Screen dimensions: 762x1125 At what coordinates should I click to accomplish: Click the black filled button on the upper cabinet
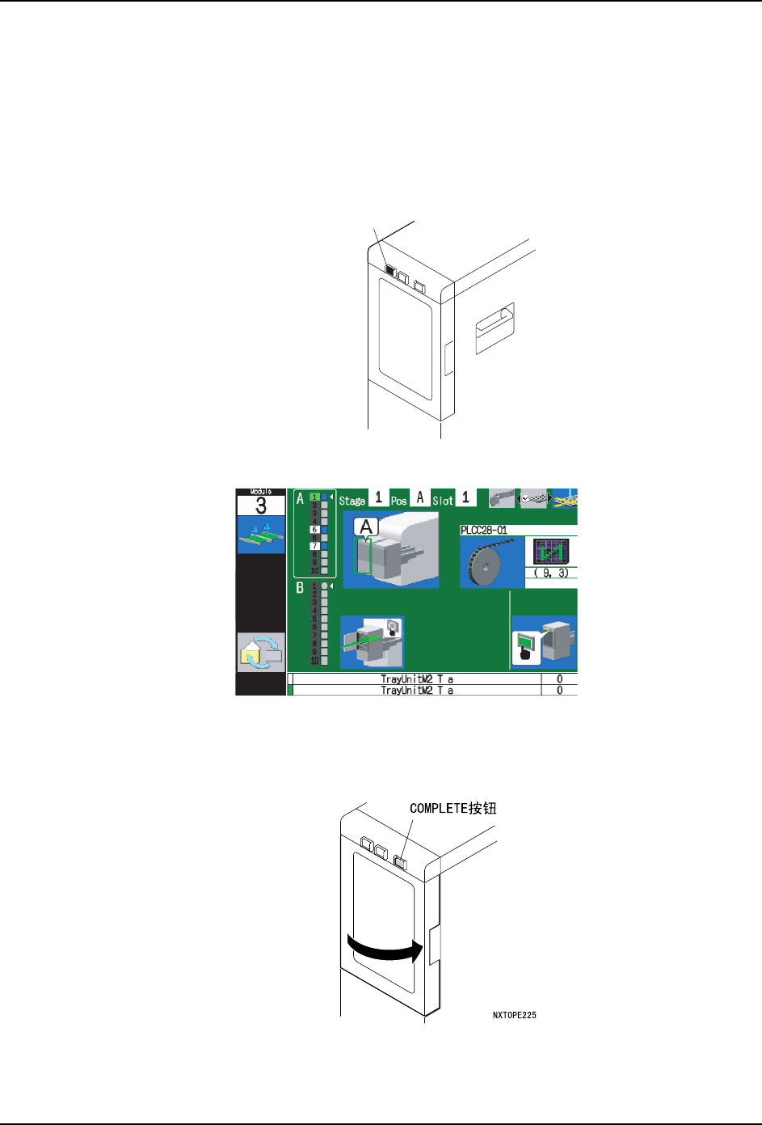(x=389, y=271)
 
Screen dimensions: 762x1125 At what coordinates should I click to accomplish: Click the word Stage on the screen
(x=352, y=501)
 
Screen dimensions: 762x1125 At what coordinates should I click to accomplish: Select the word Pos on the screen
(x=398, y=501)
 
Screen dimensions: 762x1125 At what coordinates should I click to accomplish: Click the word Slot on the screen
(x=442, y=501)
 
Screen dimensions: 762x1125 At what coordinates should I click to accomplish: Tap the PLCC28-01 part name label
(x=483, y=531)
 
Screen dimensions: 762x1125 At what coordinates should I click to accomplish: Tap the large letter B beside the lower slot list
(x=300, y=588)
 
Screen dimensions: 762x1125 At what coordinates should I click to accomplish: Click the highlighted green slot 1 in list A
(x=315, y=497)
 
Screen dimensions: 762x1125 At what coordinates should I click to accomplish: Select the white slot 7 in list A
(x=315, y=546)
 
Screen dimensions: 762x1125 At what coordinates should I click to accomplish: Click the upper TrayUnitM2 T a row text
(x=416, y=679)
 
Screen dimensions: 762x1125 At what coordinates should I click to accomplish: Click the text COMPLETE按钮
(x=453, y=808)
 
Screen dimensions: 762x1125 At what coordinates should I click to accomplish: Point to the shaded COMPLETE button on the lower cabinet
(x=401, y=862)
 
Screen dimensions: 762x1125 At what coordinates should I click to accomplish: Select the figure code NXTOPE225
(x=514, y=1015)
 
